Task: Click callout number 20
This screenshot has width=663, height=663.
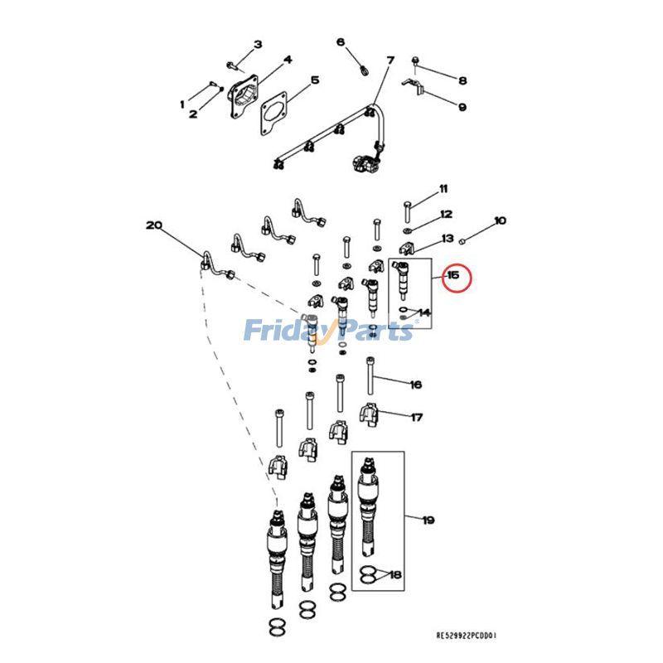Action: click(x=154, y=225)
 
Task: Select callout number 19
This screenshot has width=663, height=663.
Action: click(x=428, y=520)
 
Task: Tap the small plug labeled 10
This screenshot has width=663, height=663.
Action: click(x=465, y=240)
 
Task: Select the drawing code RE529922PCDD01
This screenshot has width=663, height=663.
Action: click(x=467, y=636)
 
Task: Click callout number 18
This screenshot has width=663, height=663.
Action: click(x=395, y=574)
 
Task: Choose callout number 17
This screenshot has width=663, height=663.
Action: click(x=417, y=418)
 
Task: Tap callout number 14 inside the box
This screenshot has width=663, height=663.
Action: click(x=424, y=313)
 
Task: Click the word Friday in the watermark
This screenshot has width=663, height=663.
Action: click(x=283, y=331)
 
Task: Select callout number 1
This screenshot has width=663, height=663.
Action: click(x=183, y=104)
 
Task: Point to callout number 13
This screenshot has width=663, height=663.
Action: click(x=448, y=239)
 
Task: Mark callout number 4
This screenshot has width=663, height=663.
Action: click(x=288, y=60)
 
